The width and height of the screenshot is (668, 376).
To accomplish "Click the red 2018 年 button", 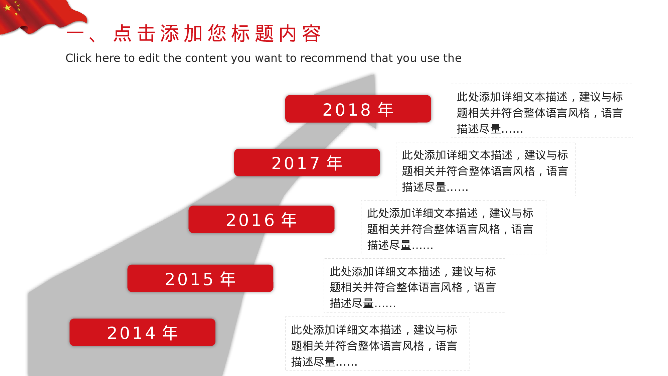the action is tap(358, 109).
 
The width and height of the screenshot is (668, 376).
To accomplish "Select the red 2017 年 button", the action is tap(307, 162).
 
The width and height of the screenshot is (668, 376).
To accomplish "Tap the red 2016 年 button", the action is tap(262, 219).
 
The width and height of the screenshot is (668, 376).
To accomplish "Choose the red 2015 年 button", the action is tap(200, 278).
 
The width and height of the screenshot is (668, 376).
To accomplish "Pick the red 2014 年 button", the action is tap(143, 332).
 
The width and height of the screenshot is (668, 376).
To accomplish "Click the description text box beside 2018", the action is tap(542, 111).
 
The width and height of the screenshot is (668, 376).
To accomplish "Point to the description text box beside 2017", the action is tap(486, 169).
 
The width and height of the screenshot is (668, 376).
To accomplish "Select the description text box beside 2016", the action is tap(454, 227).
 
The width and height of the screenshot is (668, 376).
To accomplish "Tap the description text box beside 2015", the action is tap(414, 285).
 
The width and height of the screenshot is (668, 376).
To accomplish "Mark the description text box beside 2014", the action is tap(377, 344).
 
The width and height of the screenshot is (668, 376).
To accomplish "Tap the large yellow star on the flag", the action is tap(7, 7).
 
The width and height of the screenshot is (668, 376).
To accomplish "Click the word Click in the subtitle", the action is tap(78, 58).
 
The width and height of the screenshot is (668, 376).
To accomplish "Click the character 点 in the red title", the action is tap(123, 33).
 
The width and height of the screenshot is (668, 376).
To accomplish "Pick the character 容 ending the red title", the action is tap(311, 33).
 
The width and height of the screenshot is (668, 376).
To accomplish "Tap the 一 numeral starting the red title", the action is tap(75, 33).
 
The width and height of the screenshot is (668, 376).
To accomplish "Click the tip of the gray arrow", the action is tap(374, 75).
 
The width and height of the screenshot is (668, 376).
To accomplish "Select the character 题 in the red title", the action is tap(264, 33).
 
